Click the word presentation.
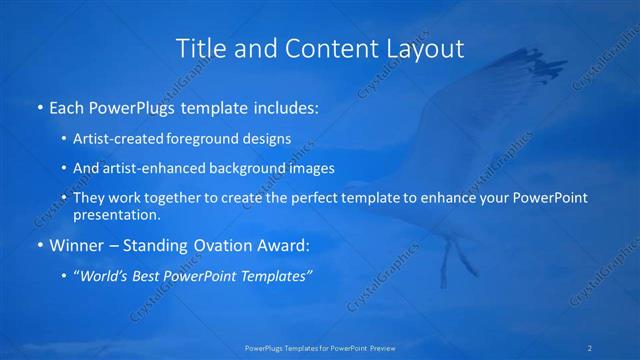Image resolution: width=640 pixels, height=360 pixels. point(117,214)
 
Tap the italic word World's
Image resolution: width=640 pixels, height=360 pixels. point(108,276)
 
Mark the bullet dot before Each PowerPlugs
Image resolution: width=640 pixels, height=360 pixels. point(39,106)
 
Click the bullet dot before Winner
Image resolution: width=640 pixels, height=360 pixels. point(39,245)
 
